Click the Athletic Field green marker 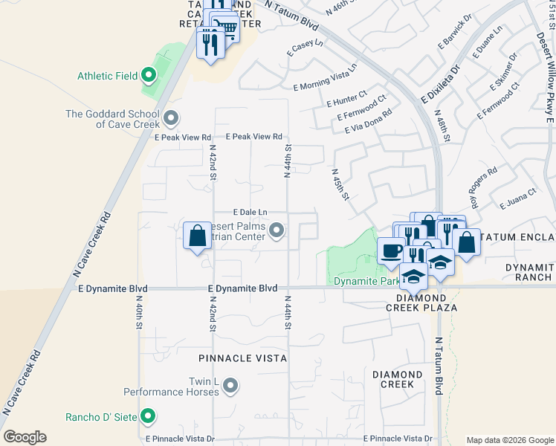(148, 75)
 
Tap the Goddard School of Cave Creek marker (172, 118)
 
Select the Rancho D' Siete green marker (148, 416)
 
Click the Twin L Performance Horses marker (230, 385)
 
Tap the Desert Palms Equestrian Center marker (277, 231)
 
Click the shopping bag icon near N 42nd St (197, 236)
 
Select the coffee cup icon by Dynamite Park (391, 250)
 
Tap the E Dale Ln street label (250, 213)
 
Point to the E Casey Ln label (306, 48)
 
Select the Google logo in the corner (25, 437)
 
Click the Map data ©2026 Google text (509, 439)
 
